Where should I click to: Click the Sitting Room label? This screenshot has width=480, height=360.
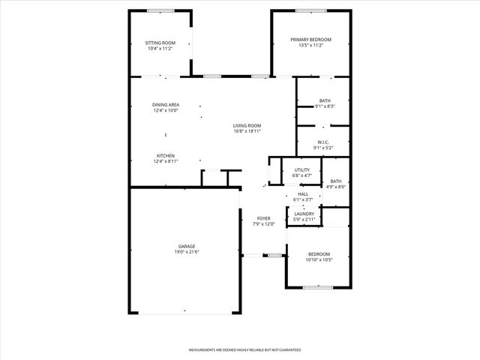[x=160, y=43]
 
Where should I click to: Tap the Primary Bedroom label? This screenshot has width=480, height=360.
[x=310, y=39]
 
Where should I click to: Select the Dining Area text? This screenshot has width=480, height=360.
[x=165, y=105]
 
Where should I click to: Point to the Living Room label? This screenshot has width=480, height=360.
[x=247, y=125]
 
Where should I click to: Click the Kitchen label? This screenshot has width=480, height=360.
[x=165, y=155]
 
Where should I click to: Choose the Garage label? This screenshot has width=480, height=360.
[x=187, y=246]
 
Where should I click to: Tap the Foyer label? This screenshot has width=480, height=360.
[x=264, y=218]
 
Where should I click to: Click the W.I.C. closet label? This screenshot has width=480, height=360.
[x=323, y=142]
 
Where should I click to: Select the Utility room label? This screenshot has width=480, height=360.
[x=301, y=170]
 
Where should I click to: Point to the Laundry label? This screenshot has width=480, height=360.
[x=304, y=214]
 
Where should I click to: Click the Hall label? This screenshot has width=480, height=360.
[x=303, y=194]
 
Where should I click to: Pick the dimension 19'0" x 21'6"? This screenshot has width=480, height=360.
[x=187, y=251]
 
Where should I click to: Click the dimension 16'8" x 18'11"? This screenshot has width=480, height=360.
[x=247, y=130]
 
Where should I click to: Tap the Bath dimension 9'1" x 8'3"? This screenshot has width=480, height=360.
[x=325, y=106]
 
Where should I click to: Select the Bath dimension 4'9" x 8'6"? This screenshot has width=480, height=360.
[x=335, y=186]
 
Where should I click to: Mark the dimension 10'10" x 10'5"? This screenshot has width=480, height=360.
[x=319, y=259]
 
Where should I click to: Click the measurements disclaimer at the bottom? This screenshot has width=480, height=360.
[x=244, y=349]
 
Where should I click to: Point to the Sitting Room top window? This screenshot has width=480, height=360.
[x=160, y=10]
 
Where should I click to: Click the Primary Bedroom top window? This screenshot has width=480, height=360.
[x=310, y=10]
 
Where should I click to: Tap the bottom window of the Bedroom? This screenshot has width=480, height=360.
[x=317, y=287]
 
